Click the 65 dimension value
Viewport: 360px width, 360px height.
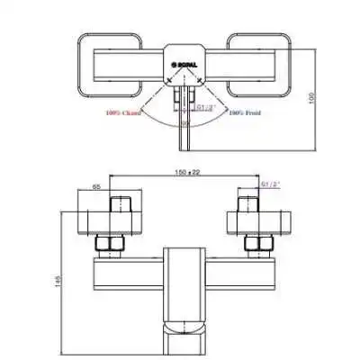[x=96, y=186]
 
